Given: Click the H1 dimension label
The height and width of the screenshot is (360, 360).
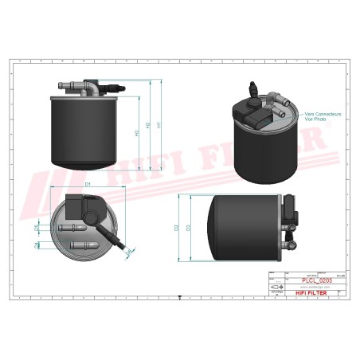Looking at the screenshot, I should pyautogui.click(x=160, y=125).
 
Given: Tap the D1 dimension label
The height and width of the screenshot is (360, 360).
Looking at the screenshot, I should pyautogui.click(x=89, y=185).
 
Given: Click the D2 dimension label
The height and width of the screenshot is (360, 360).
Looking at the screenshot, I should pyautogui.click(x=176, y=228).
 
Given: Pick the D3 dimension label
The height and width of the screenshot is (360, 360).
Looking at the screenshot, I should pyautogui.click(x=187, y=228).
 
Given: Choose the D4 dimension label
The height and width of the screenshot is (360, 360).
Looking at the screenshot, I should pyautogui.click(x=37, y=245).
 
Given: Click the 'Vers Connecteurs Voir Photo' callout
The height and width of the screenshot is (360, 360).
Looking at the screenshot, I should pyautogui.click(x=322, y=117).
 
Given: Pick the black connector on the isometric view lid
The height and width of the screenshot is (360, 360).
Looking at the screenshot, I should pyautogui.click(x=257, y=119).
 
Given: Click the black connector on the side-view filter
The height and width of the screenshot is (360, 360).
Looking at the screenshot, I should pyautogui.click(x=294, y=215).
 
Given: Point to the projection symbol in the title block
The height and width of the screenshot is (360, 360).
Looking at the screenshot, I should pyautogui.click(x=276, y=288).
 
